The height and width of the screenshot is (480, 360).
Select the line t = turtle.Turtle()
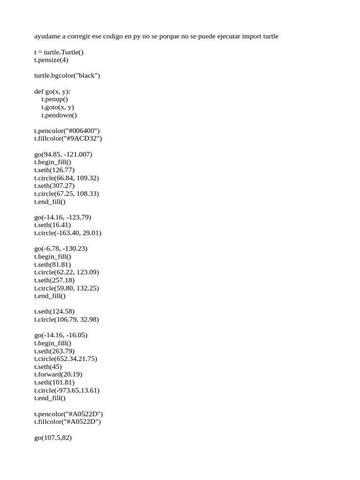[x=59, y=52]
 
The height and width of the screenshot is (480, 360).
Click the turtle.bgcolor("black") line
[x=67, y=75]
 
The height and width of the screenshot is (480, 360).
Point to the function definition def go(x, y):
[x=52, y=91]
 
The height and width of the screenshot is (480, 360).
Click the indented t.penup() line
[x=54, y=99]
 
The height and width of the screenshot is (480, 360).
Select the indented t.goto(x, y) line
[x=58, y=107]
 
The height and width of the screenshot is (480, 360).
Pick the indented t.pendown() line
[x=59, y=115]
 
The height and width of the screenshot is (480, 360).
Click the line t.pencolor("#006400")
[x=67, y=131]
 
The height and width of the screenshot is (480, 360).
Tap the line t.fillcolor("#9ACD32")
[x=68, y=139]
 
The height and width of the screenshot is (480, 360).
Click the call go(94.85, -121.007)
[x=63, y=154]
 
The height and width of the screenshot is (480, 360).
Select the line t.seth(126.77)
[x=54, y=170]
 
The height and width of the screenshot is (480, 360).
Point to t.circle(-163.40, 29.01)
[x=67, y=233]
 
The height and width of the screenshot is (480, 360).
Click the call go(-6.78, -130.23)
[x=61, y=249]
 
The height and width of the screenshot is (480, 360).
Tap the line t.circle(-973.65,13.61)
[x=67, y=390]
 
